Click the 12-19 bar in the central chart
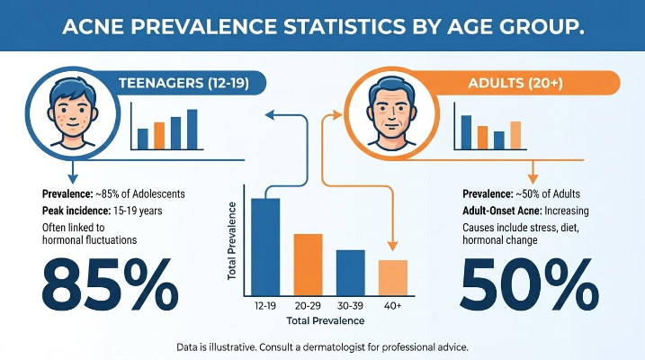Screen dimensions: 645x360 pos(265,247)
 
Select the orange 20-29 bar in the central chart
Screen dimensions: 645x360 pos(308,265)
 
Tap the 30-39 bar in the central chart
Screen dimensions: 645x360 pos(351,273)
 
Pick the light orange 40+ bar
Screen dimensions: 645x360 pos(393,278)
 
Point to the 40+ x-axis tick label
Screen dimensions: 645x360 pos(393,306)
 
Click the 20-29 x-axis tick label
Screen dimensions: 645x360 pos(308,306)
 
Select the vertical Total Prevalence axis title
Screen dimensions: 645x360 pos(232,241)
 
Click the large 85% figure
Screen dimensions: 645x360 pos(111,284)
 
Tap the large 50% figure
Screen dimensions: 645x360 pos(530,284)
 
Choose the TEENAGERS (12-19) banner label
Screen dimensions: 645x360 pos(184,83)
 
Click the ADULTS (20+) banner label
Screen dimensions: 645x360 pos(515,83)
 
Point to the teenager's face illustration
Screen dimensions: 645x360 pos(73,112)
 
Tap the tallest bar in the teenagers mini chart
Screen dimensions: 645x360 pos(193,130)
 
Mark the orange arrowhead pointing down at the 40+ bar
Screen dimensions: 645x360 pos(393,246)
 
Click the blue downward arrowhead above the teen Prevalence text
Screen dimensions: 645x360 pos(73,179)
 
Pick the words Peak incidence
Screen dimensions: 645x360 pos(76,211)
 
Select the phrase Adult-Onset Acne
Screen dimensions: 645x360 pos(502,211)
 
